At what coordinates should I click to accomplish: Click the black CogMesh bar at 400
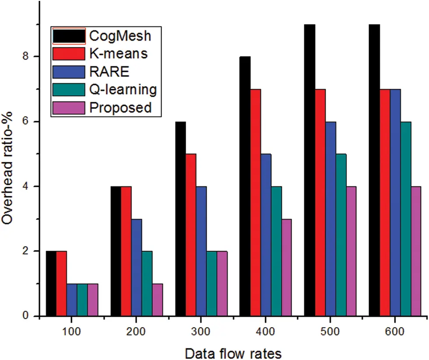[x=245, y=186]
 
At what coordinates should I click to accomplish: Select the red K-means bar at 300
[x=191, y=235]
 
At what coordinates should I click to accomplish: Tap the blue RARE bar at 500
[x=331, y=219]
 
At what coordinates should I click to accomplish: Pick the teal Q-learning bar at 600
[x=406, y=219]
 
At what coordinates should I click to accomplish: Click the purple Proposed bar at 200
[x=158, y=300]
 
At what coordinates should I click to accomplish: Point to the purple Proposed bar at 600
[x=416, y=251]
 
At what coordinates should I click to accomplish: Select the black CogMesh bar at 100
[x=51, y=283]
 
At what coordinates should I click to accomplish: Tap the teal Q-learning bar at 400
[x=276, y=251]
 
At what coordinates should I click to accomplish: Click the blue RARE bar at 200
[x=137, y=268]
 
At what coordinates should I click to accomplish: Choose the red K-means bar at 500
[x=320, y=203]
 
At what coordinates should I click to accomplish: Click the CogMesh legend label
[x=120, y=36]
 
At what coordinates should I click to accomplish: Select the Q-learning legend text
[x=123, y=90]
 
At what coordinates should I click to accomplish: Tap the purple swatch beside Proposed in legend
[x=69, y=108]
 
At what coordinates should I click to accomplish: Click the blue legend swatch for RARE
[x=69, y=72]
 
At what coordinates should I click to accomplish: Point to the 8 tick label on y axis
[x=25, y=56]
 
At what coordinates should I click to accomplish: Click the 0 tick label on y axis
[x=25, y=316]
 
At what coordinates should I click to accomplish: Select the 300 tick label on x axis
[x=200, y=332]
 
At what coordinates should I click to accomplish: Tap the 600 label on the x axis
[x=394, y=332]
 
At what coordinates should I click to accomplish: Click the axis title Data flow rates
[x=233, y=353]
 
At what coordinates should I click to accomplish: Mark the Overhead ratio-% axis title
[x=7, y=168]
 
